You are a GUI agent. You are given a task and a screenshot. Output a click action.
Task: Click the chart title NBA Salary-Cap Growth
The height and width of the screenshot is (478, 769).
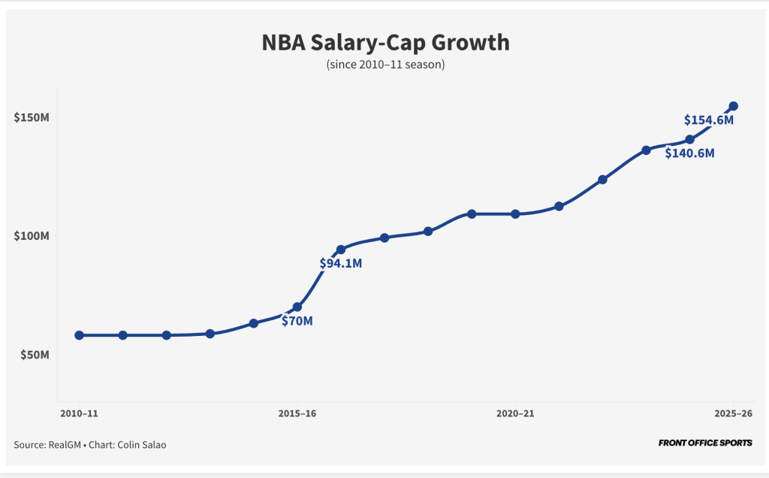[x=385, y=42]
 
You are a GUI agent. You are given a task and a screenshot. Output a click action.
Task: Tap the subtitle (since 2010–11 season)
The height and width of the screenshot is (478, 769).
[x=385, y=65]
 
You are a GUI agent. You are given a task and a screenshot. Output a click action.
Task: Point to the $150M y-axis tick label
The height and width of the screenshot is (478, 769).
[x=32, y=118]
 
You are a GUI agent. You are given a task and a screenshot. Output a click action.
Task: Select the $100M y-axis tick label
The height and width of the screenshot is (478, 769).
[x=32, y=236]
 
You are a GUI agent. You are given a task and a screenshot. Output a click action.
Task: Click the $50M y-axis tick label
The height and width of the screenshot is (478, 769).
[x=35, y=354]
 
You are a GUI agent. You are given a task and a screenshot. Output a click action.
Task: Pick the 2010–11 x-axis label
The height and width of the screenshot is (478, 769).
[x=79, y=413]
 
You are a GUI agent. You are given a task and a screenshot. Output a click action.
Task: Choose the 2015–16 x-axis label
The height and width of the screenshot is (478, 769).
[x=298, y=413]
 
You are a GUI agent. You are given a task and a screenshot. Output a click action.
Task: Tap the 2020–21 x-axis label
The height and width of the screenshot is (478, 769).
[x=516, y=413]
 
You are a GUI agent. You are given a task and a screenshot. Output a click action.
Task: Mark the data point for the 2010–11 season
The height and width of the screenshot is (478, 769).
[x=80, y=335]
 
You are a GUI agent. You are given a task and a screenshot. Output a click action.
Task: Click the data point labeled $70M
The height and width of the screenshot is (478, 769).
[x=297, y=307]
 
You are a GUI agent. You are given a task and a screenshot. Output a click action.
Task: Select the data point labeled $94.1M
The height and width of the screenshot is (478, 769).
[x=341, y=250]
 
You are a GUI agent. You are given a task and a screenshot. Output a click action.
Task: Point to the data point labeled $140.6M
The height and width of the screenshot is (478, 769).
[x=689, y=140]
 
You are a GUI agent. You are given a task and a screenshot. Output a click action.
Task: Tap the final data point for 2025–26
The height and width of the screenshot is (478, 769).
[x=734, y=106]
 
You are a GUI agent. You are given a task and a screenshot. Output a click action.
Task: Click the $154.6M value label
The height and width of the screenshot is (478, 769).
[x=708, y=120]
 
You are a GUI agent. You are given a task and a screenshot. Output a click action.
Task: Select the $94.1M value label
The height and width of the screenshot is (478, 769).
[x=341, y=264]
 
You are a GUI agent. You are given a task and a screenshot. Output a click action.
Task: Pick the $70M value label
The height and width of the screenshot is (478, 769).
[x=297, y=321]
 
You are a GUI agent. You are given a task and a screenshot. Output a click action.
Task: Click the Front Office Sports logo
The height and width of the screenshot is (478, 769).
[x=705, y=443]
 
